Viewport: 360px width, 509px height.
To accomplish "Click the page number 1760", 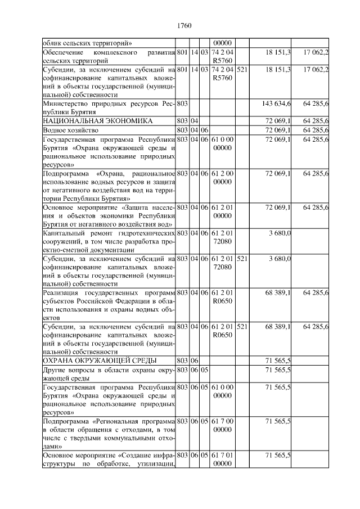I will (x=184, y=25).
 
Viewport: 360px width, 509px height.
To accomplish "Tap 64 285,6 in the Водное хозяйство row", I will (x=316, y=130).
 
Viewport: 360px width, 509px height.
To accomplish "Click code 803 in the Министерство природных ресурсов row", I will (x=182, y=103).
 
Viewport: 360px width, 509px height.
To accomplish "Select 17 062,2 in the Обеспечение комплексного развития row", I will (x=316, y=52).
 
